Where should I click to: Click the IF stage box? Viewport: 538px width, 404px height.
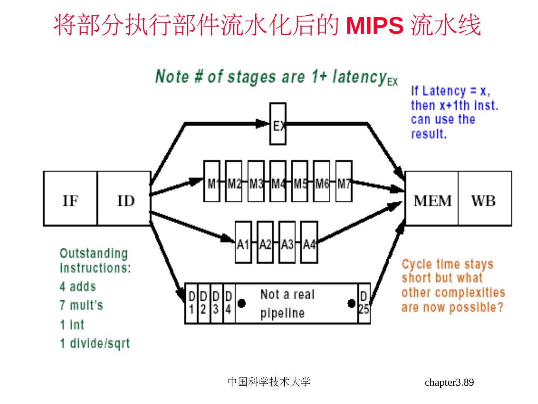coord(70,199)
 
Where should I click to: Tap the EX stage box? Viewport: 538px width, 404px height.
coord(278,124)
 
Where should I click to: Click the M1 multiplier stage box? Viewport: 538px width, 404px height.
coord(212,181)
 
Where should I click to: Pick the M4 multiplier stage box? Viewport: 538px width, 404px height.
coord(278,181)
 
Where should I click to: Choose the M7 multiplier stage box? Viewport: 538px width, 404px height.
coord(344,181)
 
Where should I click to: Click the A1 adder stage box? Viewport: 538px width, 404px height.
coord(243,242)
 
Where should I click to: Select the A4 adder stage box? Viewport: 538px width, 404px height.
coord(309,242)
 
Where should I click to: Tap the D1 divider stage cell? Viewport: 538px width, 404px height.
coord(191,303)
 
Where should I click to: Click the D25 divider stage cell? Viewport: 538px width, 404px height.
coord(364,303)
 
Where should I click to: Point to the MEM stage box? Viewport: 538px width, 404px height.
coord(432,199)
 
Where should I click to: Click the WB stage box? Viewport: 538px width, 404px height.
coord(485,199)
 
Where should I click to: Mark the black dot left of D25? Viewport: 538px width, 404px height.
coord(351,303)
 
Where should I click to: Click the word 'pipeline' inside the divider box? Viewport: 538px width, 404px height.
coord(282,313)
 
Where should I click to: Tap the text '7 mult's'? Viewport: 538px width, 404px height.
coord(81,305)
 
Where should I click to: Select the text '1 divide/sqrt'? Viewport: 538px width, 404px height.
coord(95,343)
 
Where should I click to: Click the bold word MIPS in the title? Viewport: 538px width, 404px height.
coord(375,25)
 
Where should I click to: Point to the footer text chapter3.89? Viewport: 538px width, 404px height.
coord(449,382)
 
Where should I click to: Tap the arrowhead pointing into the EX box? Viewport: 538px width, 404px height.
coord(263,123)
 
